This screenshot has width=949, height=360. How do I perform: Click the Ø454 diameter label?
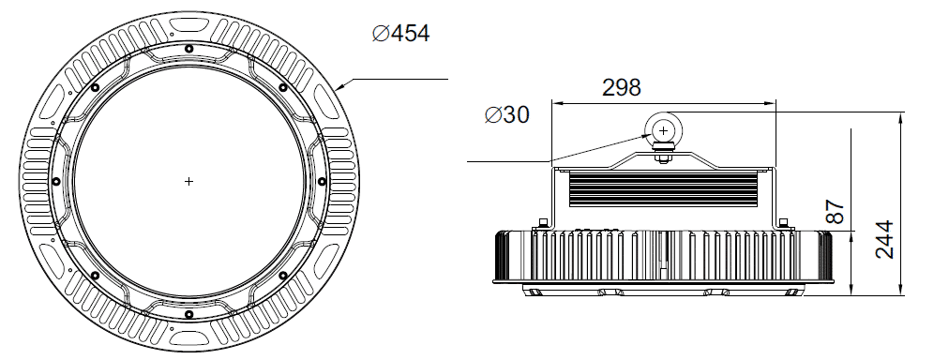click(x=400, y=33)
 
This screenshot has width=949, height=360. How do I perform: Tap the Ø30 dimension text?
click(x=507, y=114)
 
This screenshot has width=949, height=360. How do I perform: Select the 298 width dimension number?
click(x=622, y=88)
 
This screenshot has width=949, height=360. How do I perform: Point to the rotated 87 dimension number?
click(x=835, y=212)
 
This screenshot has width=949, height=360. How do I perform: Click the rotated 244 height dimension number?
click(x=885, y=240)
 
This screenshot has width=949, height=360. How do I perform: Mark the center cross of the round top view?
click(x=188, y=181)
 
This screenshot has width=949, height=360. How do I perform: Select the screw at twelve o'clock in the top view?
click(x=188, y=49)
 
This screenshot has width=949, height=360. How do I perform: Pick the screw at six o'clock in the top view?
click(x=188, y=313)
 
